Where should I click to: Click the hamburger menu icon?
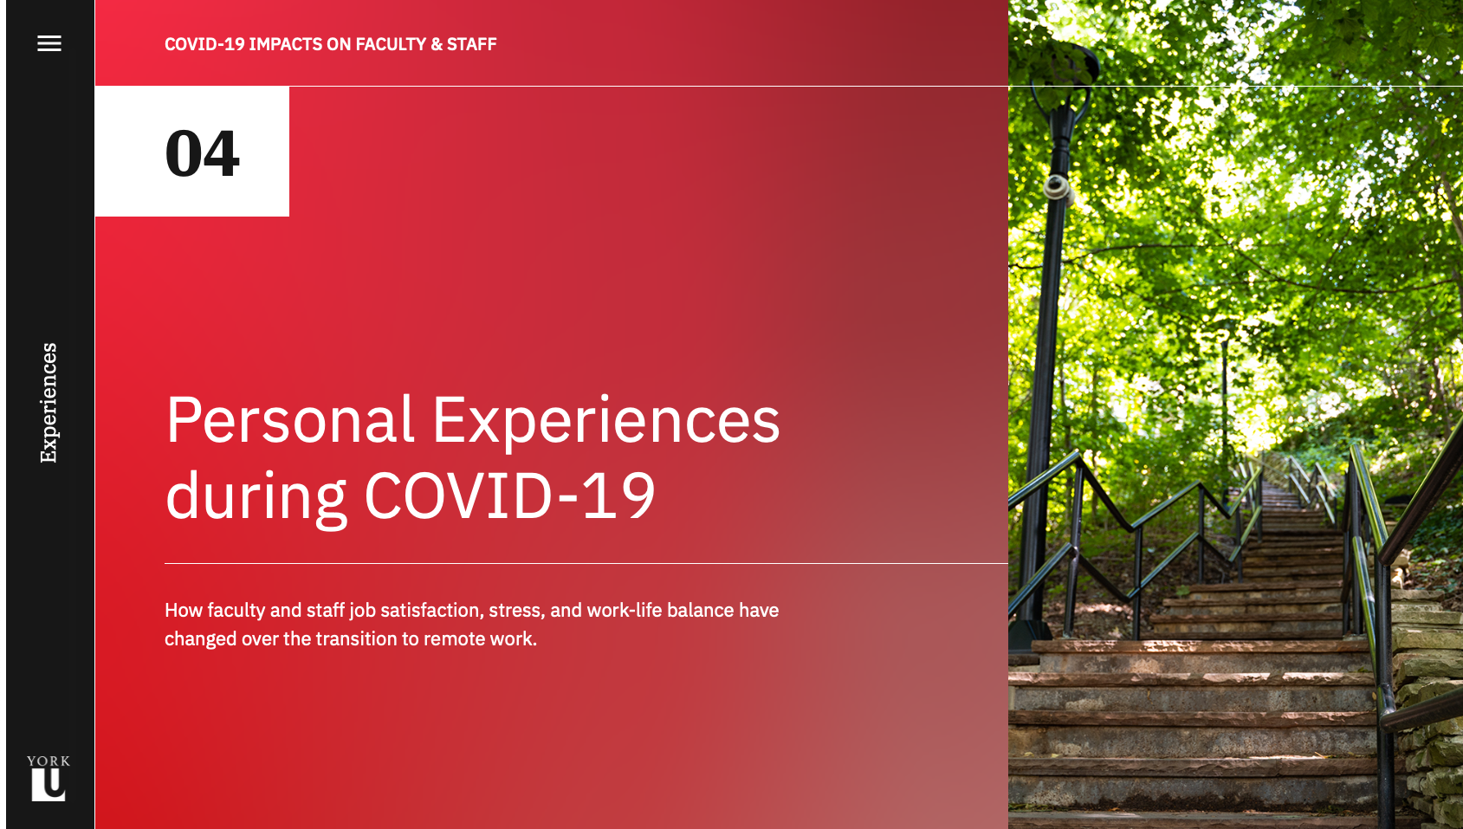[x=49, y=43]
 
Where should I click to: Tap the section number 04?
[x=202, y=153]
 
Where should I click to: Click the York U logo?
[x=49, y=778]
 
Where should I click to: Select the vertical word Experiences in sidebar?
[x=49, y=403]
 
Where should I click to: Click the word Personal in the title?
[x=290, y=420]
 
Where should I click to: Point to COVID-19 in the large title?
[x=509, y=495]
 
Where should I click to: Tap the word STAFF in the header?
[x=471, y=44]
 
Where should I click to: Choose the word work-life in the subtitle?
[x=624, y=610]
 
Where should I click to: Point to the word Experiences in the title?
[x=606, y=421]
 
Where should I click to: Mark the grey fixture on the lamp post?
[x=1055, y=187]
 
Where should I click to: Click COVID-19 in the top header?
[x=204, y=44]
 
